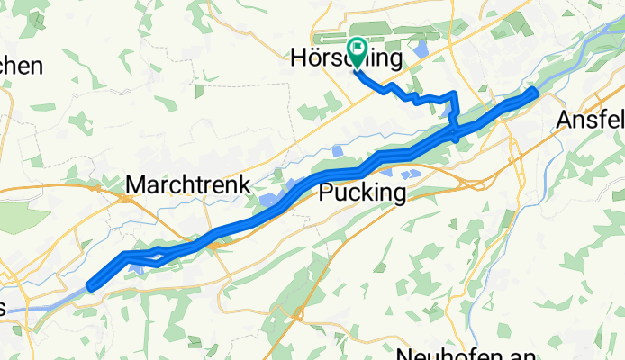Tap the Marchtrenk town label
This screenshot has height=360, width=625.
[187, 184]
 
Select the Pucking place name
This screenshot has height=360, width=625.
[363, 193]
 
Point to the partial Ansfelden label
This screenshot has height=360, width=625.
[590, 120]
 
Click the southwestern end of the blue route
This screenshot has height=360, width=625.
[90, 286]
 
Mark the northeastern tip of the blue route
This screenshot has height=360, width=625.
[535, 91]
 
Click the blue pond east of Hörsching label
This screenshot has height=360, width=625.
[420, 49]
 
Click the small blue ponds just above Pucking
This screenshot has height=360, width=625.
[408, 172]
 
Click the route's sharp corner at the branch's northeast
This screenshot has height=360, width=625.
[453, 94]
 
